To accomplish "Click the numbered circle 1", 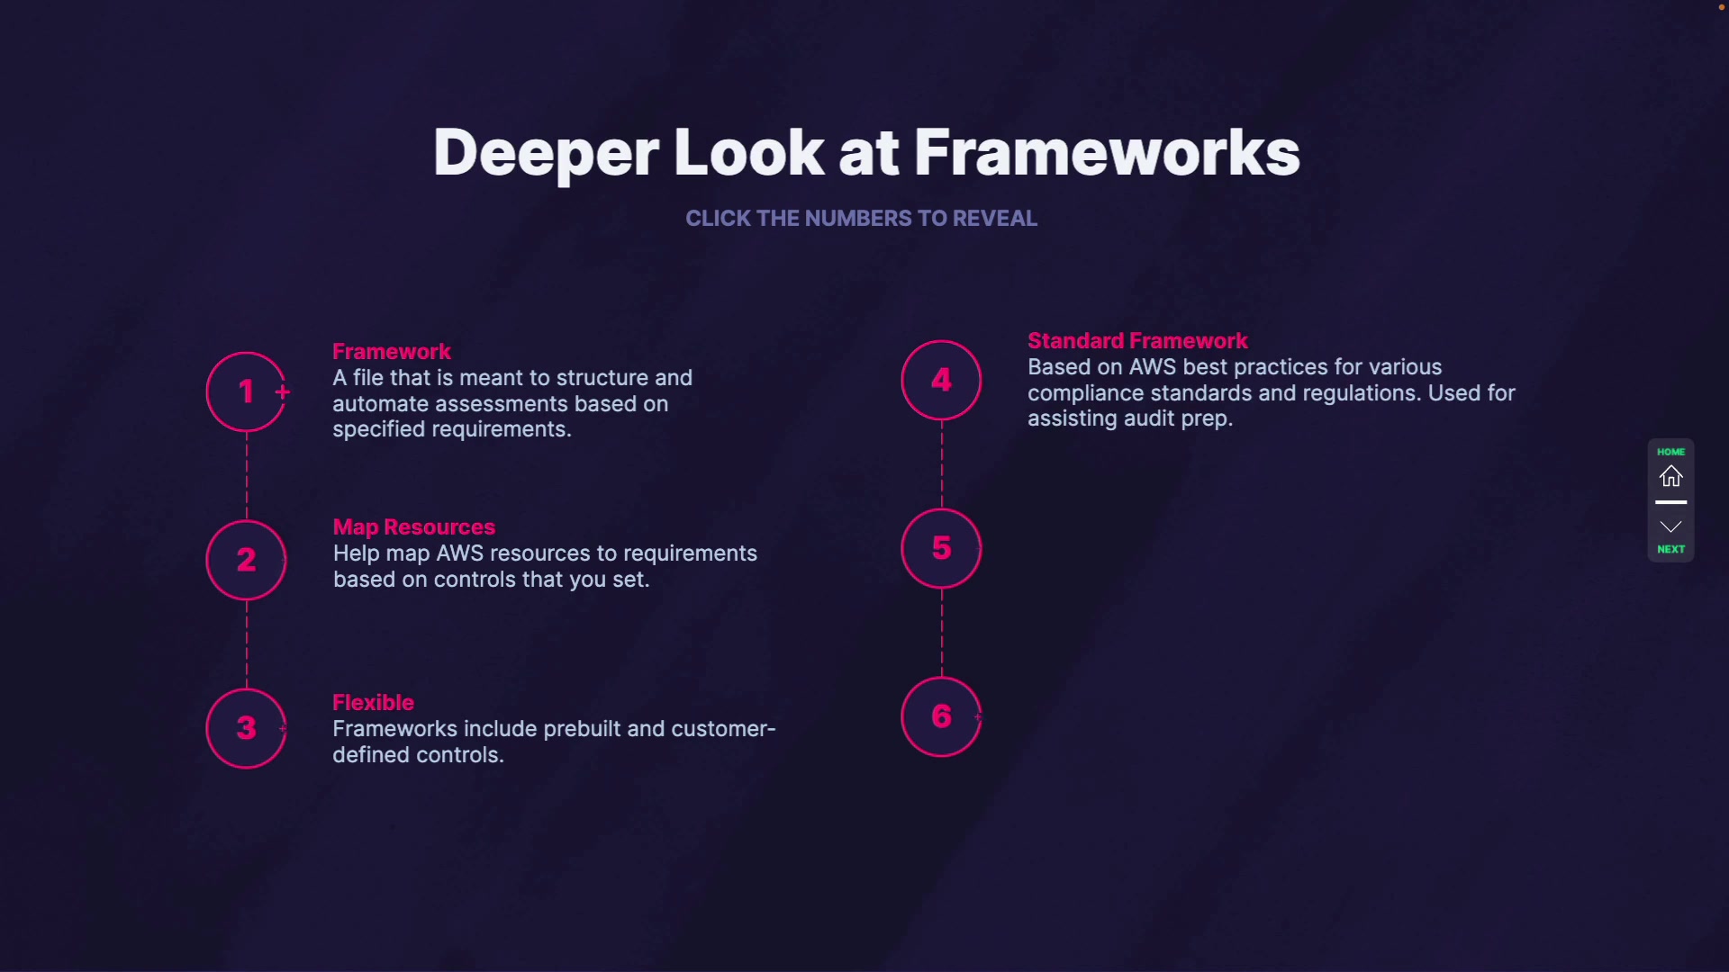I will click(246, 391).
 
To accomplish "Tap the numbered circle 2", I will click(246, 560).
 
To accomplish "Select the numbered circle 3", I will click(246, 728).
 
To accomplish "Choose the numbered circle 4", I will click(941, 380).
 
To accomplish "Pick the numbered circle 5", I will click(941, 548).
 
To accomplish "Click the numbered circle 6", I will click(941, 716).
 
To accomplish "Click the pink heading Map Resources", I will click(414, 526).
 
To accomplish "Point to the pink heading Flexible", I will click(373, 702).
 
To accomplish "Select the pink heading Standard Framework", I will click(1137, 340).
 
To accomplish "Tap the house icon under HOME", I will click(1670, 476).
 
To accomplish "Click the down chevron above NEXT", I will click(1670, 526).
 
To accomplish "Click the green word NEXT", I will click(1670, 549).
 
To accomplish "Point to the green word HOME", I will click(1670, 452).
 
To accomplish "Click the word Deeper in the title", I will click(546, 153).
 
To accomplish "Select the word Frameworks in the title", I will click(1107, 153).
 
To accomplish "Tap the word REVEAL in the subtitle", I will click(994, 219).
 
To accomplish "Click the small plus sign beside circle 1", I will click(283, 391).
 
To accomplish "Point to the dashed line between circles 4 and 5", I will click(942, 463).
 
